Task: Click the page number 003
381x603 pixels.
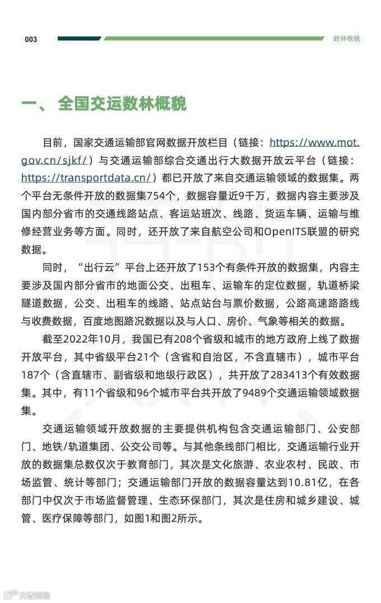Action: [x=31, y=39]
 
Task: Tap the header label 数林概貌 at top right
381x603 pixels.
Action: [x=346, y=39]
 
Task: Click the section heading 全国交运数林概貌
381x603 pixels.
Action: [x=122, y=104]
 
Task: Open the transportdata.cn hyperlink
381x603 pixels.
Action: [x=86, y=177]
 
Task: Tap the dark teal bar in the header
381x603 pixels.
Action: [x=78, y=39]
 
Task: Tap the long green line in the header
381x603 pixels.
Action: [x=213, y=39]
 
